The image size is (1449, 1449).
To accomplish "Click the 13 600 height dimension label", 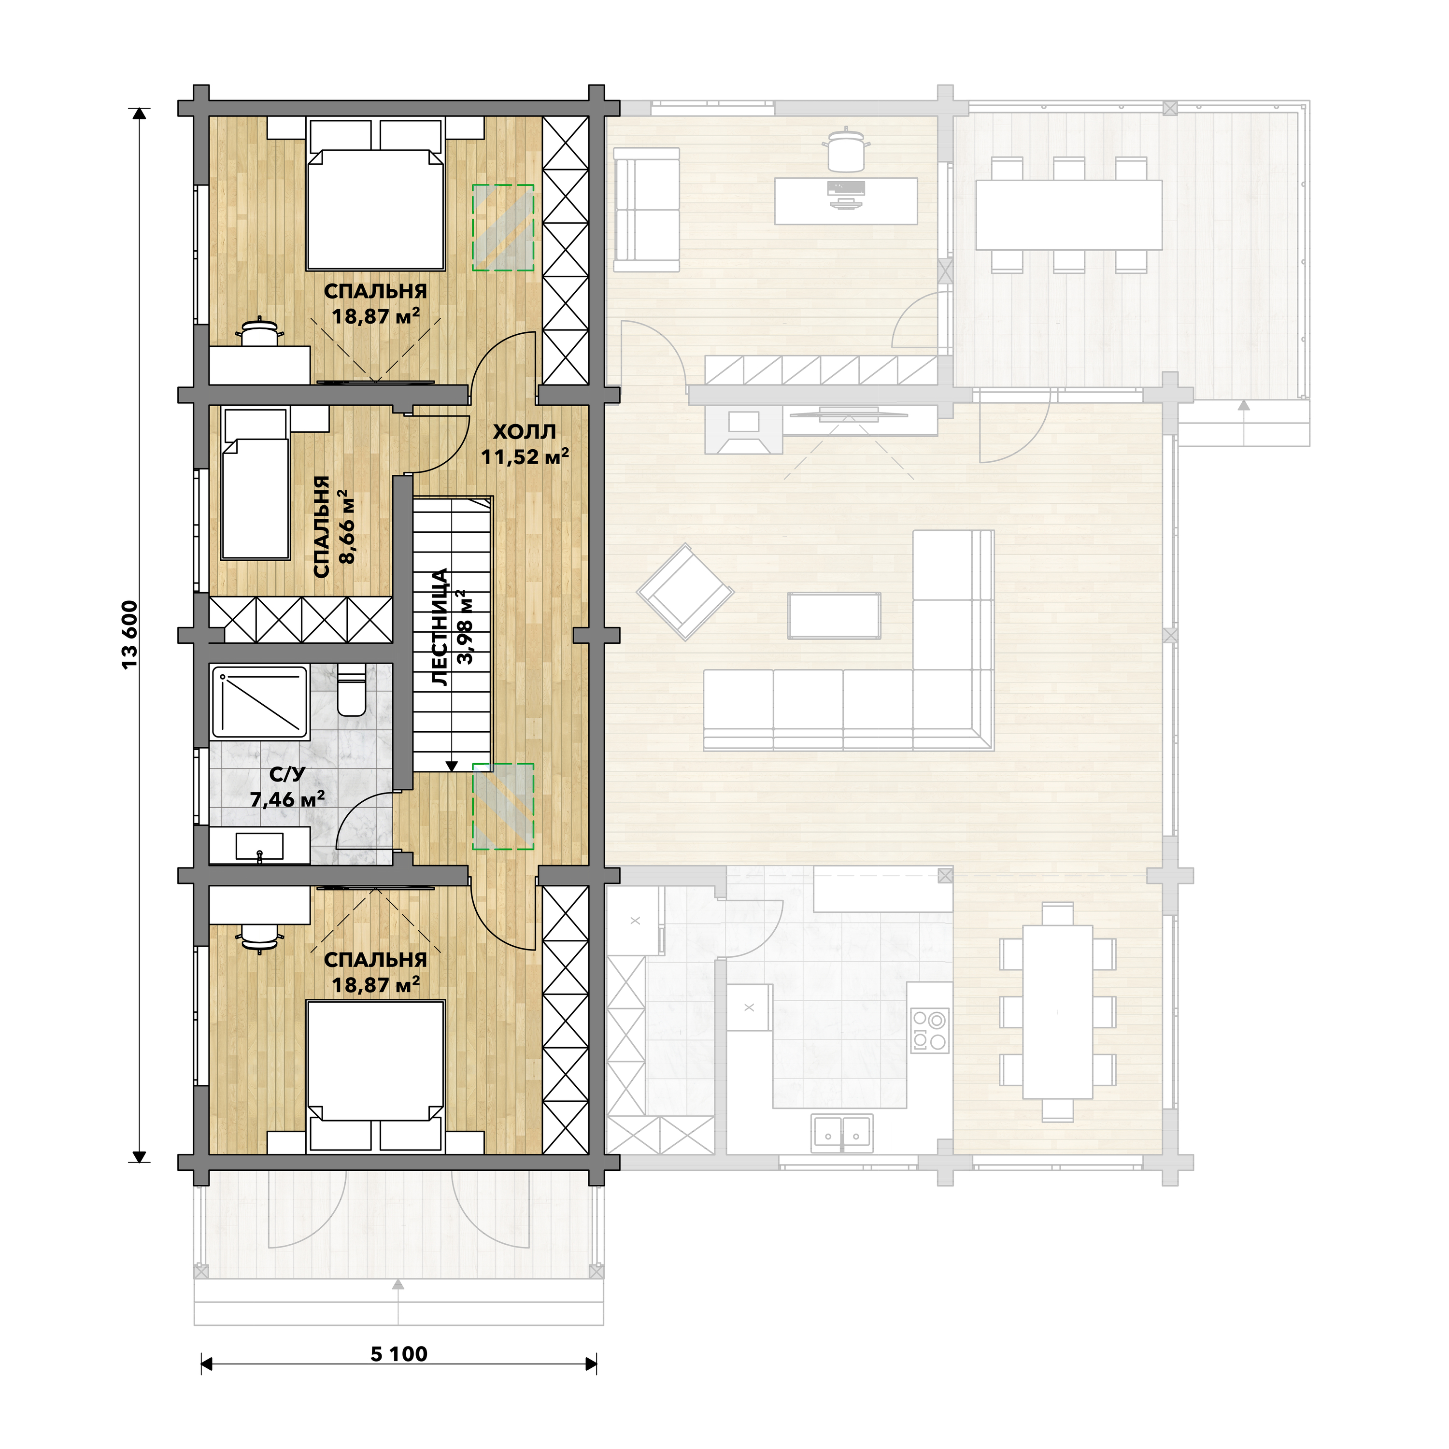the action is click(130, 635).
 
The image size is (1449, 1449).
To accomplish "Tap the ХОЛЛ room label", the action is click(525, 432).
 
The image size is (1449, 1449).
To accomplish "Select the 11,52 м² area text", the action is click(525, 456).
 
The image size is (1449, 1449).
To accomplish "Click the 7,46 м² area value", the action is click(287, 799).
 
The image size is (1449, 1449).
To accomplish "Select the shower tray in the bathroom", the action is click(260, 703).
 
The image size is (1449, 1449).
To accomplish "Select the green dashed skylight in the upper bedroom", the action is click(502, 228).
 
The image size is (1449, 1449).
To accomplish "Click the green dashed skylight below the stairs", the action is click(502, 806).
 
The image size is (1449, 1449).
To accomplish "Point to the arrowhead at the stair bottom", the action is click(452, 767).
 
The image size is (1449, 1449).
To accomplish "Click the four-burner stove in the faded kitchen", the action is click(930, 1031).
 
